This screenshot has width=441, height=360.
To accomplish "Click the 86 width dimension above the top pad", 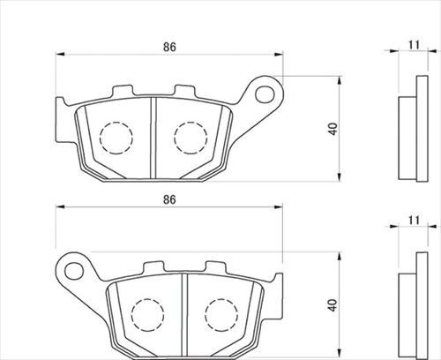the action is pos(169,47).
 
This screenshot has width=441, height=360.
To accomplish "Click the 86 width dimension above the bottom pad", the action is pos(169,199).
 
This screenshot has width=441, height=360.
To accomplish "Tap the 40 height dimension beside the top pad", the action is pos(333,129).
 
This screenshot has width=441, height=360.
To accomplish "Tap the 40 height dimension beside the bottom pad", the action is pos(333,305).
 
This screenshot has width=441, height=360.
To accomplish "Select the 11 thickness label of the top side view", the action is pos(414,45).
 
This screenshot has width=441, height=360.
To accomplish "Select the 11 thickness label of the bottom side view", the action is pos(414,220).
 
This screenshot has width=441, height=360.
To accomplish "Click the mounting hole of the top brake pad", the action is pos(265,94).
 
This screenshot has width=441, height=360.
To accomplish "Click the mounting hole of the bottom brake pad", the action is pos(74,271).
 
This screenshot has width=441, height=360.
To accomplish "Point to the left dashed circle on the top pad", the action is pos(116,138).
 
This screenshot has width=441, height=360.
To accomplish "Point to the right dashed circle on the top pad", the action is pos(191,138).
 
